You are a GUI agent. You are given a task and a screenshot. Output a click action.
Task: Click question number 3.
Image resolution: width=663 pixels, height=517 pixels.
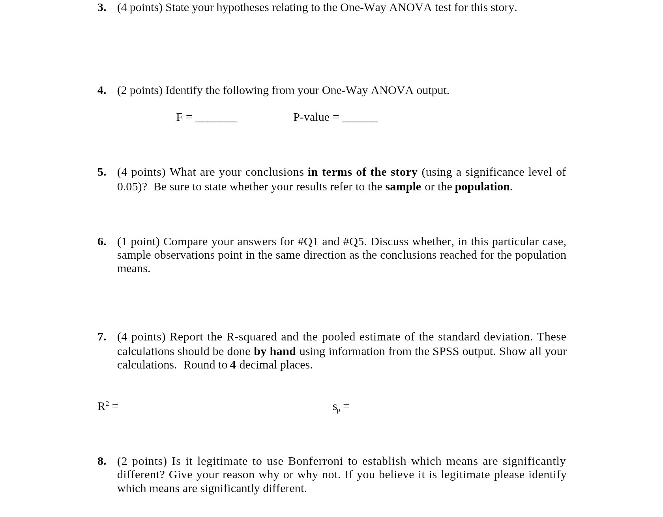point(101,8)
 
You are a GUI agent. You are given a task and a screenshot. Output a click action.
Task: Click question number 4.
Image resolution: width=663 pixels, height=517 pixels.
point(101,90)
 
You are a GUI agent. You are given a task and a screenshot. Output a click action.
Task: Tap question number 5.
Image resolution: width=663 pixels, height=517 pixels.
point(101,172)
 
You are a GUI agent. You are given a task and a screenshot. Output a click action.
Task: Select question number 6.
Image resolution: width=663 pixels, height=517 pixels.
point(101,242)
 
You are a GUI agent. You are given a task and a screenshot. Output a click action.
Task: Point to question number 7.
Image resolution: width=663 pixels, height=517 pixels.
point(101,337)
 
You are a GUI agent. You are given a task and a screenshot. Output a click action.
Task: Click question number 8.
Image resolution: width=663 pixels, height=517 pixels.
point(101,461)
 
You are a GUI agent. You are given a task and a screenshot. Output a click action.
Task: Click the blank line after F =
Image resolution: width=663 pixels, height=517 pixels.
point(216,118)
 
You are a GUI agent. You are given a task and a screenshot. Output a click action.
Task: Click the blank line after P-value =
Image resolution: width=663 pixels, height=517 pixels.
point(360,118)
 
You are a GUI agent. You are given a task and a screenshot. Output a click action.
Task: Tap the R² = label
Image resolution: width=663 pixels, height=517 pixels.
point(108,406)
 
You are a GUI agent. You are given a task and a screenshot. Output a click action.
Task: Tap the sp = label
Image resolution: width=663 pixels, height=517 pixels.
point(341,407)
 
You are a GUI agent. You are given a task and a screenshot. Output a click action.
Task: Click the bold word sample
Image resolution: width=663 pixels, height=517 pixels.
point(403,187)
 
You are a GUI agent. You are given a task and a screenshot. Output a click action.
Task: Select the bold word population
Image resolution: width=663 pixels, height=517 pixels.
point(482,187)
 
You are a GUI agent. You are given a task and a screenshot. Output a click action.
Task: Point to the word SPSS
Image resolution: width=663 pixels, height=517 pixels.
point(446,352)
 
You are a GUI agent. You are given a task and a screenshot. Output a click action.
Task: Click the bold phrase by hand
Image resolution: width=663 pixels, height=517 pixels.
point(274,352)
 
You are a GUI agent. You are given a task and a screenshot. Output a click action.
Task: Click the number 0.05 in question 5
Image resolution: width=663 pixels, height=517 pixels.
point(127,187)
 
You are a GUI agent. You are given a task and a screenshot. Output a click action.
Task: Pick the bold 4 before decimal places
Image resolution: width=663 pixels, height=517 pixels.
point(233,365)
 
